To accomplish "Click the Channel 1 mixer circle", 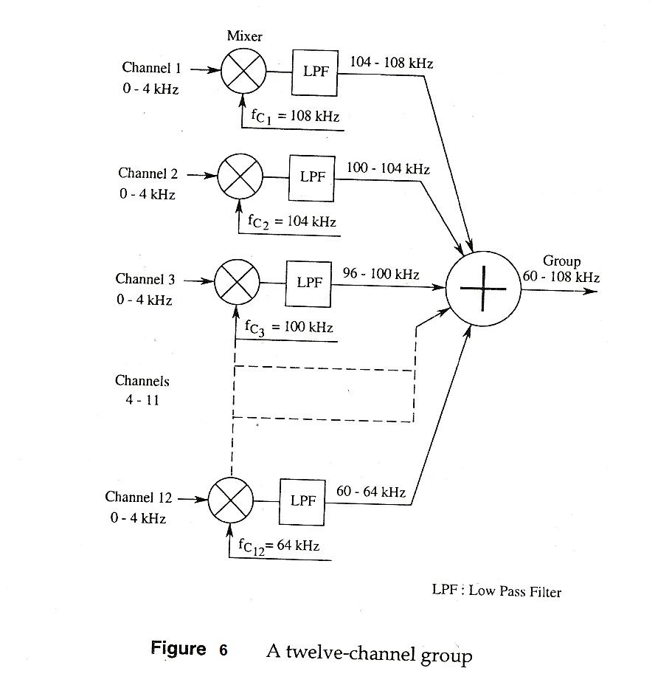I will click(x=245, y=71).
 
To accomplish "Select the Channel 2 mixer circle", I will click(x=240, y=176).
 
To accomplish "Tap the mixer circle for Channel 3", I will click(x=237, y=282).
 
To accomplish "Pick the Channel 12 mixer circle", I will click(x=231, y=500).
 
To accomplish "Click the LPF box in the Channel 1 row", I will click(x=315, y=72).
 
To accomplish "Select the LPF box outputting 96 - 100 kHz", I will click(x=308, y=283).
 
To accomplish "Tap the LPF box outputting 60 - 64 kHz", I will click(x=302, y=500).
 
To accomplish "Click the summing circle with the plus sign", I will click(x=483, y=289).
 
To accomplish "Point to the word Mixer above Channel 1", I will click(x=245, y=36).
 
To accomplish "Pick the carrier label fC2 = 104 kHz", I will click(x=292, y=221).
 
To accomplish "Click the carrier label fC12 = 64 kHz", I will click(x=279, y=545).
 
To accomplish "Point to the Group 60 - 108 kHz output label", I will click(x=561, y=269).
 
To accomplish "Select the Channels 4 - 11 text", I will click(x=142, y=390).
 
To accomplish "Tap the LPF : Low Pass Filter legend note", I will click(x=496, y=591).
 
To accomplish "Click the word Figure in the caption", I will click(x=179, y=649).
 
